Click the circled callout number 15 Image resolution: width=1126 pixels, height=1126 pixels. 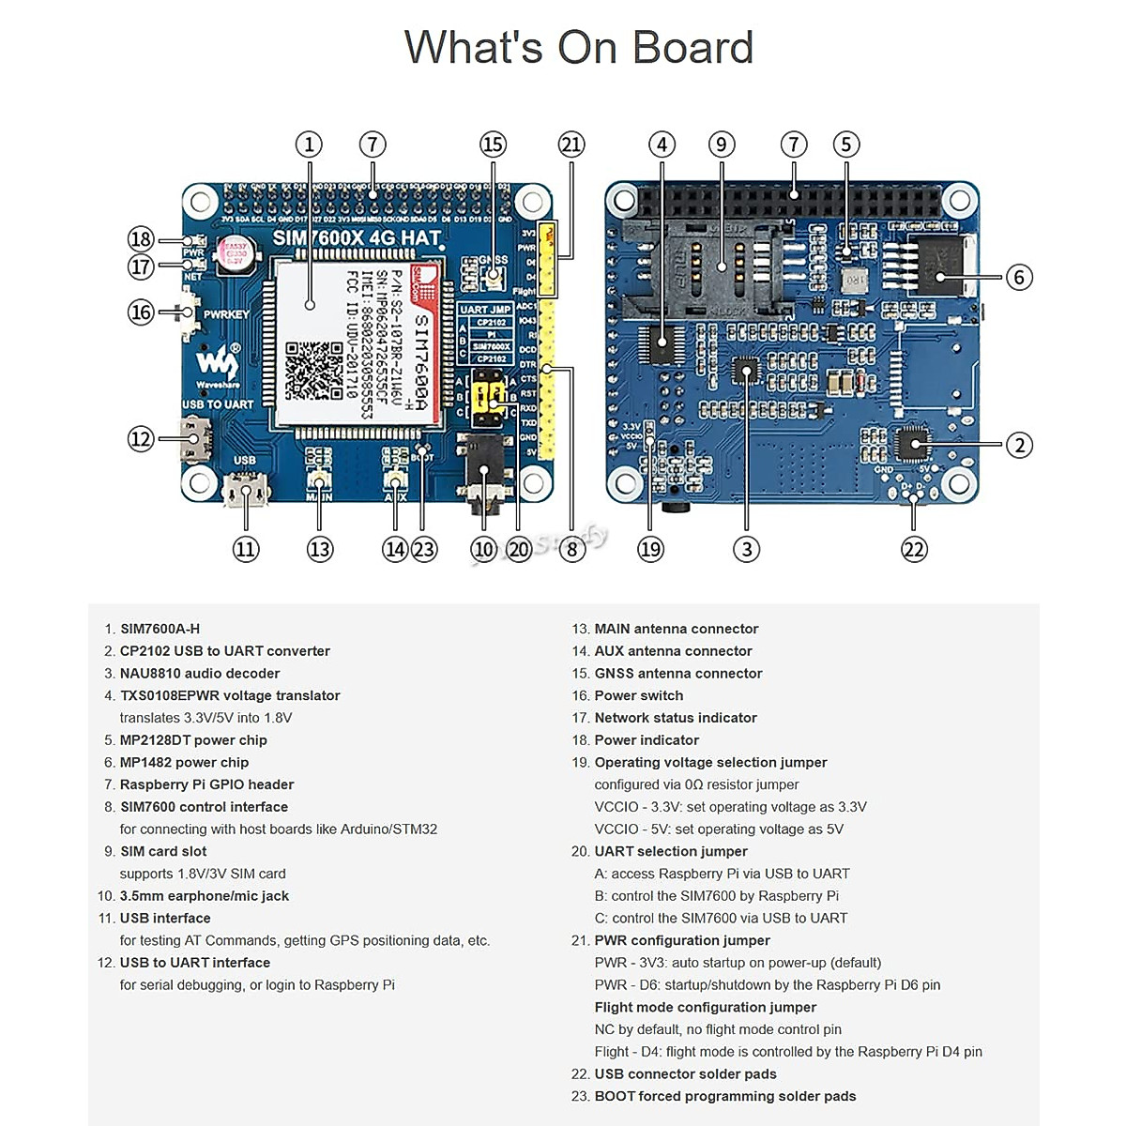pos(493,145)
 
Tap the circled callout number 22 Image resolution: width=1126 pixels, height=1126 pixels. pos(914,550)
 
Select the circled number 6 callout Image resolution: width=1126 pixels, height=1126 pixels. pos(1019,277)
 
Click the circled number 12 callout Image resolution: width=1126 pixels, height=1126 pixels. pos(141,438)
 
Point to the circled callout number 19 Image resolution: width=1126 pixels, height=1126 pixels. pos(650,550)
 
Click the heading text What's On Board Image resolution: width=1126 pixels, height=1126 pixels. pos(578,47)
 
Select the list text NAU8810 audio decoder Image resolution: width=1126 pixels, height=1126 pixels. pos(199,673)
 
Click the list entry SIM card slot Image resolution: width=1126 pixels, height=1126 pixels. pos(162,851)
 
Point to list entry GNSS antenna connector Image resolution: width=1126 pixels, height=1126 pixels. pos(677,673)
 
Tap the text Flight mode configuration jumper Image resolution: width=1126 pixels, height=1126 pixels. pos(705,1007)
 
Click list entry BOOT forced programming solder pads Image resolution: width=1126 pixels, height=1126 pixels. pos(724,1096)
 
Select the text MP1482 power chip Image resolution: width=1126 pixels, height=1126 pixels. pos(184,762)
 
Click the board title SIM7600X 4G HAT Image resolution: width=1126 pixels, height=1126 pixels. pos(357,238)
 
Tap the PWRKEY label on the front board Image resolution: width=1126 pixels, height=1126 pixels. pos(226,314)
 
